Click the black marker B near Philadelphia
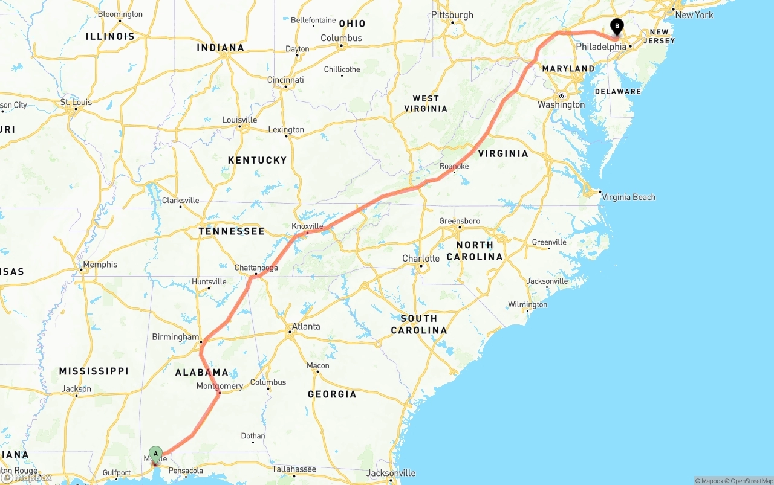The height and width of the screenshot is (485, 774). point(617,27)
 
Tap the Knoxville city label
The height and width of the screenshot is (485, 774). point(308,226)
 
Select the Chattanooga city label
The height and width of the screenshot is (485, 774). point(256,268)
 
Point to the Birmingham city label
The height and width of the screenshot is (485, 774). point(175,337)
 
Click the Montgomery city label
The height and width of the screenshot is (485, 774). point(220,386)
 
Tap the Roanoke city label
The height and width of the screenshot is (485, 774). point(454,166)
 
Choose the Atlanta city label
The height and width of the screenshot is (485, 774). point(306,327)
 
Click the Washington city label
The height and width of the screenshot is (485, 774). point(561,104)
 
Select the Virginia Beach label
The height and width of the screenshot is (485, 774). point(629,197)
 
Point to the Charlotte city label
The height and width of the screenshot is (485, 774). point(421,259)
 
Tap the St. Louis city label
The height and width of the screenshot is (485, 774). point(76,102)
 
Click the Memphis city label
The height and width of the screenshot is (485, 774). point(100,265)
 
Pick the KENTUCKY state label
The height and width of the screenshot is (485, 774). point(257,160)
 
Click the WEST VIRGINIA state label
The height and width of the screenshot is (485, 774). point(426,103)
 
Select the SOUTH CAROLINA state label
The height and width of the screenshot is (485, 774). point(418,324)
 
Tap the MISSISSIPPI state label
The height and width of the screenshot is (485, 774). point(94,371)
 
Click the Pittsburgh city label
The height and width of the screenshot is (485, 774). point(452,15)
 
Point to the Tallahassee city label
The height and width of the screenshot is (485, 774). point(294,469)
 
